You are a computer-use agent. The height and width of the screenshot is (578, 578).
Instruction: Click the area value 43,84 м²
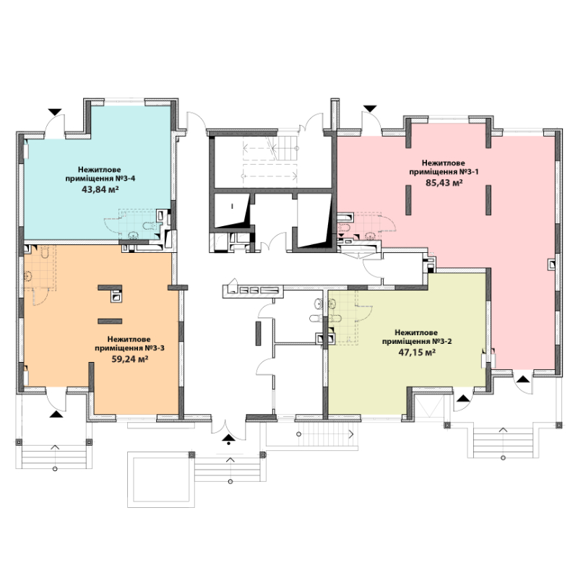(x=100, y=189)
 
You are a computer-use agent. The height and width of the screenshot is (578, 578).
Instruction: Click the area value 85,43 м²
(x=444, y=183)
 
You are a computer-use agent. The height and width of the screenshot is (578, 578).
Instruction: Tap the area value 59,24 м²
(x=130, y=358)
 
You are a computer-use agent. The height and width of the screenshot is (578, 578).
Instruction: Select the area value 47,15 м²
(x=418, y=352)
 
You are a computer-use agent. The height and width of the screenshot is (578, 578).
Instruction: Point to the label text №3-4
(x=125, y=178)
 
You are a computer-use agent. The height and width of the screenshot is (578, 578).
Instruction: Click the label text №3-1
(x=469, y=172)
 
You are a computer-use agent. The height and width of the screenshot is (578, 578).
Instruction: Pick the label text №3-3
(x=155, y=348)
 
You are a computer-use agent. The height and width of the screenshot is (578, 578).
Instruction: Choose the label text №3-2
(x=441, y=341)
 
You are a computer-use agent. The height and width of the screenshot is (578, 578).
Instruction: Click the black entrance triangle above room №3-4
(x=55, y=111)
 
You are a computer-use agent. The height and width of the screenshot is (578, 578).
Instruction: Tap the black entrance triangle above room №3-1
(x=370, y=108)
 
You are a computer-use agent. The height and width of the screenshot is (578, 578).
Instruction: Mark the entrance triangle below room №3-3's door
(x=56, y=414)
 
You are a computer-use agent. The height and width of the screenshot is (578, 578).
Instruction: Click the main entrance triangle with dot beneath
(x=228, y=439)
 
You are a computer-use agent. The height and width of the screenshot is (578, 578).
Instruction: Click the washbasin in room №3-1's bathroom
(x=371, y=236)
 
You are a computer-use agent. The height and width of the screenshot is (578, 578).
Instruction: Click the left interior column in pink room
(x=408, y=200)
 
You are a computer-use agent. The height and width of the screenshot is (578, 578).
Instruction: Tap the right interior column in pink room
(x=488, y=200)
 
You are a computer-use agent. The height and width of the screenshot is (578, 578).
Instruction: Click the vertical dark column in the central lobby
(x=258, y=333)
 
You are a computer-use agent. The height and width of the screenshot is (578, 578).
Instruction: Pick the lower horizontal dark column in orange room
(x=110, y=321)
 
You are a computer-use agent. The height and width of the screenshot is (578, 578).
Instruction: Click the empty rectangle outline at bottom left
(x=160, y=479)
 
